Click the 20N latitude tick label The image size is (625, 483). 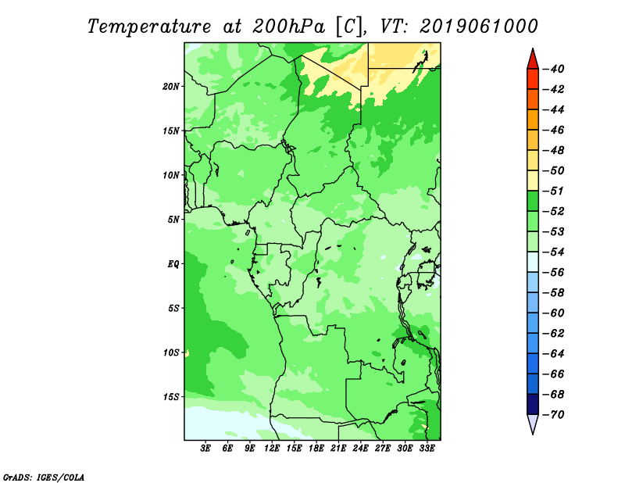click(x=170, y=87)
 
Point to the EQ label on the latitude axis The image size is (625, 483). click(x=173, y=264)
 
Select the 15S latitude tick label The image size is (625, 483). click(x=170, y=397)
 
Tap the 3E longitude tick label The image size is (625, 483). click(x=205, y=448)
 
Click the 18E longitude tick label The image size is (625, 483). click(x=316, y=448)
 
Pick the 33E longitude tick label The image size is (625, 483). click(x=427, y=448)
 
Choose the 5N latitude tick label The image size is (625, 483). click(x=173, y=220)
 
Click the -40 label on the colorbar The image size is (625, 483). click(x=554, y=69)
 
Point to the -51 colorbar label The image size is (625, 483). click(x=554, y=191)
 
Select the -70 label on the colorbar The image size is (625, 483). click(x=554, y=415)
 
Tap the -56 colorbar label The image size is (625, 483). click(x=554, y=273)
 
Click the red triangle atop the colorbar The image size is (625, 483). click(x=533, y=60)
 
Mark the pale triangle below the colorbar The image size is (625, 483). click(x=533, y=424)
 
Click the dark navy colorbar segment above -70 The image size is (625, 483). click(x=533, y=404)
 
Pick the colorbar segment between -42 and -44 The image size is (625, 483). click(x=533, y=99)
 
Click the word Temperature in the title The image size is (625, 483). click(x=149, y=27)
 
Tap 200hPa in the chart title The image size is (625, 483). click(x=288, y=27)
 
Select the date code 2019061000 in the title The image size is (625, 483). click(x=479, y=27)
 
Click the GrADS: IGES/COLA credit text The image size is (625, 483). click(x=44, y=478)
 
